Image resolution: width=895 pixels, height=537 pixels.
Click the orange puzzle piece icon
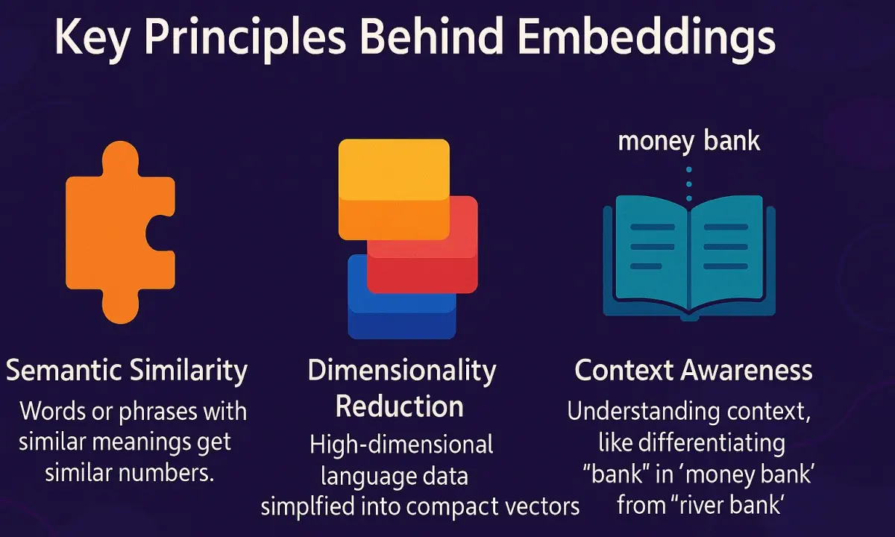119,231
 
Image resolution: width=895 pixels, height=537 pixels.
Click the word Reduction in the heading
400,406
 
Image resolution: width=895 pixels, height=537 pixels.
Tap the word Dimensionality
402,371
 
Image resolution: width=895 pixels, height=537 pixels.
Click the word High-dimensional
401,445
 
